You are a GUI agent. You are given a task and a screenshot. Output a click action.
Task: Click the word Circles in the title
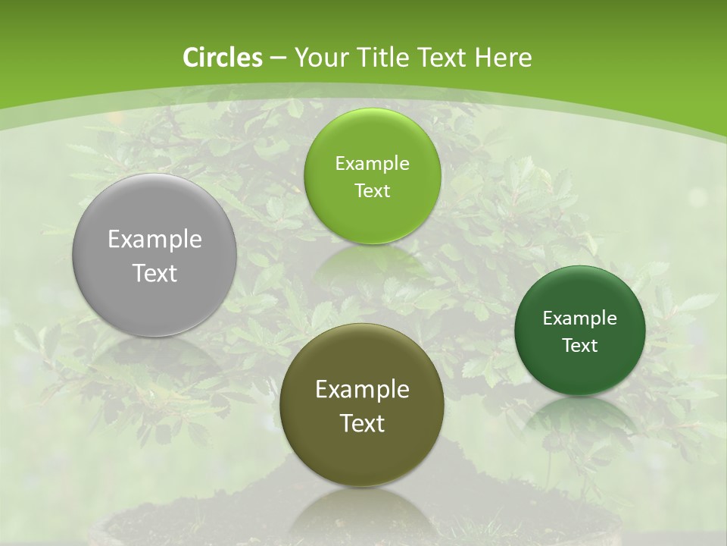[222, 58]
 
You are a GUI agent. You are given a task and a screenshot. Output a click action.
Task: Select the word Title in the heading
[385, 58]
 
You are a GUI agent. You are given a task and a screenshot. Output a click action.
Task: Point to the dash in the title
[278, 58]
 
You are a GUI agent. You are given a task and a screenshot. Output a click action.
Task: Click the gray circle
[154, 256]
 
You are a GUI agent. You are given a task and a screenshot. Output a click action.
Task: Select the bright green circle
[372, 176]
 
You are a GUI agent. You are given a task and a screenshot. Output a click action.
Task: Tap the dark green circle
[579, 331]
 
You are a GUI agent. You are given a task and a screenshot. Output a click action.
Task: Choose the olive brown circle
[361, 405]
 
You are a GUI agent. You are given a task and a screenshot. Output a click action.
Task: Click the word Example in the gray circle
[154, 240]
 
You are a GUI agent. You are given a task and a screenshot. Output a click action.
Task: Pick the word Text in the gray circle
[154, 273]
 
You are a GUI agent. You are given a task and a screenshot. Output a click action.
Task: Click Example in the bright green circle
[372, 164]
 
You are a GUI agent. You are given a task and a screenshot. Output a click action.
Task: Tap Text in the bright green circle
[372, 191]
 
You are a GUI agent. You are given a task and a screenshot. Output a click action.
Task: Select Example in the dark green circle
[579, 318]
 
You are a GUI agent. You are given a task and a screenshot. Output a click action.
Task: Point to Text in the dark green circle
[580, 346]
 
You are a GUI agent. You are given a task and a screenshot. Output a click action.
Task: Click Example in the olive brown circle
[362, 390]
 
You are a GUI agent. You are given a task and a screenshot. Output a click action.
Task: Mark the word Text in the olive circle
[362, 423]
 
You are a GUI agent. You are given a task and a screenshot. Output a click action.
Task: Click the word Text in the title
[441, 58]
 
